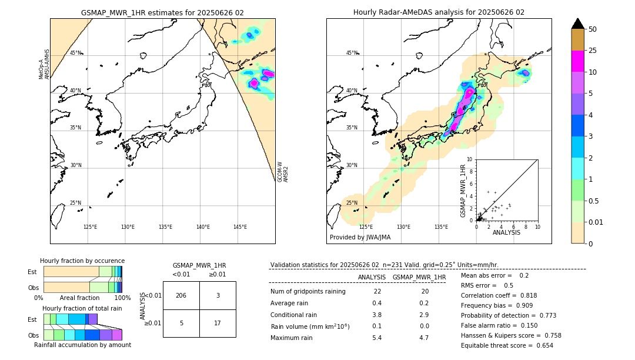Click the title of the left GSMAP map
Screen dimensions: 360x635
coord(162,12)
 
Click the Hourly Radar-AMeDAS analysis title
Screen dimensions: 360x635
coord(439,12)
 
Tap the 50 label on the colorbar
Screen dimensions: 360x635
coord(593,29)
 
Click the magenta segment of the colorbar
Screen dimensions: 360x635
coord(577,61)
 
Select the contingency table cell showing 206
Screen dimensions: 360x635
coord(181,295)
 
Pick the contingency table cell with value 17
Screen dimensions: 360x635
coord(218,323)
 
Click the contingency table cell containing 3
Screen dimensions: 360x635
coord(218,295)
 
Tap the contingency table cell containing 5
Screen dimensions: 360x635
coord(181,323)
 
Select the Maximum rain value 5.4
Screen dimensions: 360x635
coord(377,338)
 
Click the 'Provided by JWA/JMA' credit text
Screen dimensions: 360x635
coord(360,238)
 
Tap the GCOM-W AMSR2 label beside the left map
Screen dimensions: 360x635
coord(283,172)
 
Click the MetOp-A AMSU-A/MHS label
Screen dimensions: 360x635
coord(44,64)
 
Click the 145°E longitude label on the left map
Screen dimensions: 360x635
coord(240,227)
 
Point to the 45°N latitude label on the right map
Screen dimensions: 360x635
coord(352,53)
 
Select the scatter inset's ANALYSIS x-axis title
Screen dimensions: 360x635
coord(506,232)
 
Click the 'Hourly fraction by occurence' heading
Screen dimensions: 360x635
coord(82,261)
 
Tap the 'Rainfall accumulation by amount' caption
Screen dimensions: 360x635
coord(82,345)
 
